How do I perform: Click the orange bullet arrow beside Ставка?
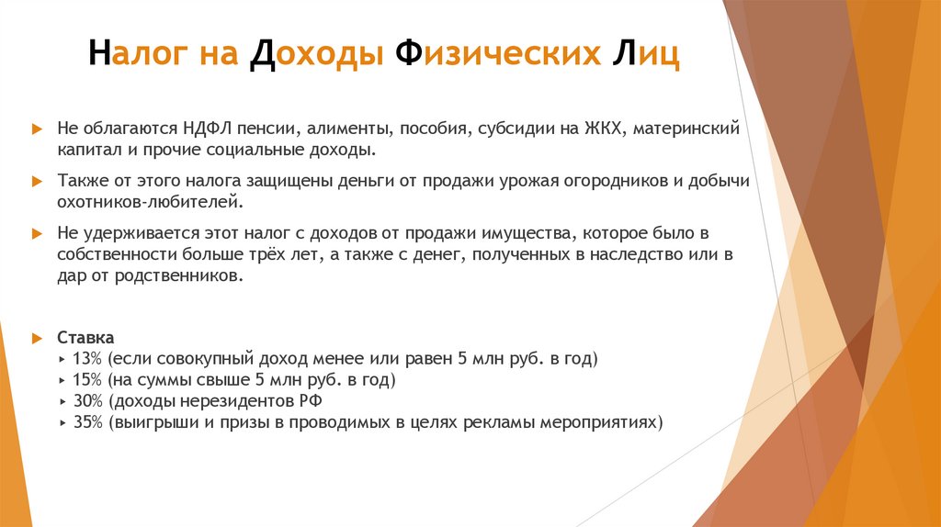click(36, 337)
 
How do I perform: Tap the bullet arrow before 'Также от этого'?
click(36, 182)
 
